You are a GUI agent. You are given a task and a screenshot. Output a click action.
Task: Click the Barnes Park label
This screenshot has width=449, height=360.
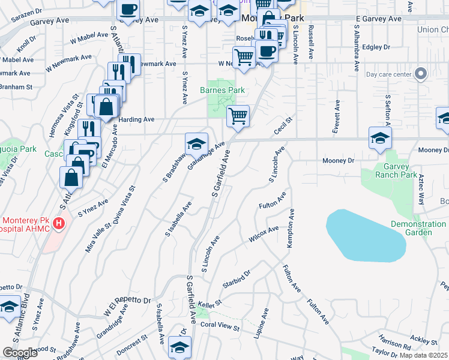(223, 91)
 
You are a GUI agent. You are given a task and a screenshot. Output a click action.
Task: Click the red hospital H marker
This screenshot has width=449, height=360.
(59, 224)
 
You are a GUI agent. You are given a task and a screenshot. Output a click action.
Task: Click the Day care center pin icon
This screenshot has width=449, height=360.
(421, 74)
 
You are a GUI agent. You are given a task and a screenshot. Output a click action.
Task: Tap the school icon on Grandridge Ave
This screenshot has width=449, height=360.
(196, 144)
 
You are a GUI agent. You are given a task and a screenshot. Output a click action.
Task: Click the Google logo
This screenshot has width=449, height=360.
(19, 353)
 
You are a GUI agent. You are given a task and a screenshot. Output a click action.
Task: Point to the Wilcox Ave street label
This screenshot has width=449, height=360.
(265, 234)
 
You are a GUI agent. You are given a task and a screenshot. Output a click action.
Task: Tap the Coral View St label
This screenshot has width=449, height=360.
(220, 327)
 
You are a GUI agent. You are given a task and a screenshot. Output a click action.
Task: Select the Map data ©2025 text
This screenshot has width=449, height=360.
(423, 355)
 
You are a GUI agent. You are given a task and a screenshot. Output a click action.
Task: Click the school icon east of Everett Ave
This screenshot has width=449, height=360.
(380, 137)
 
